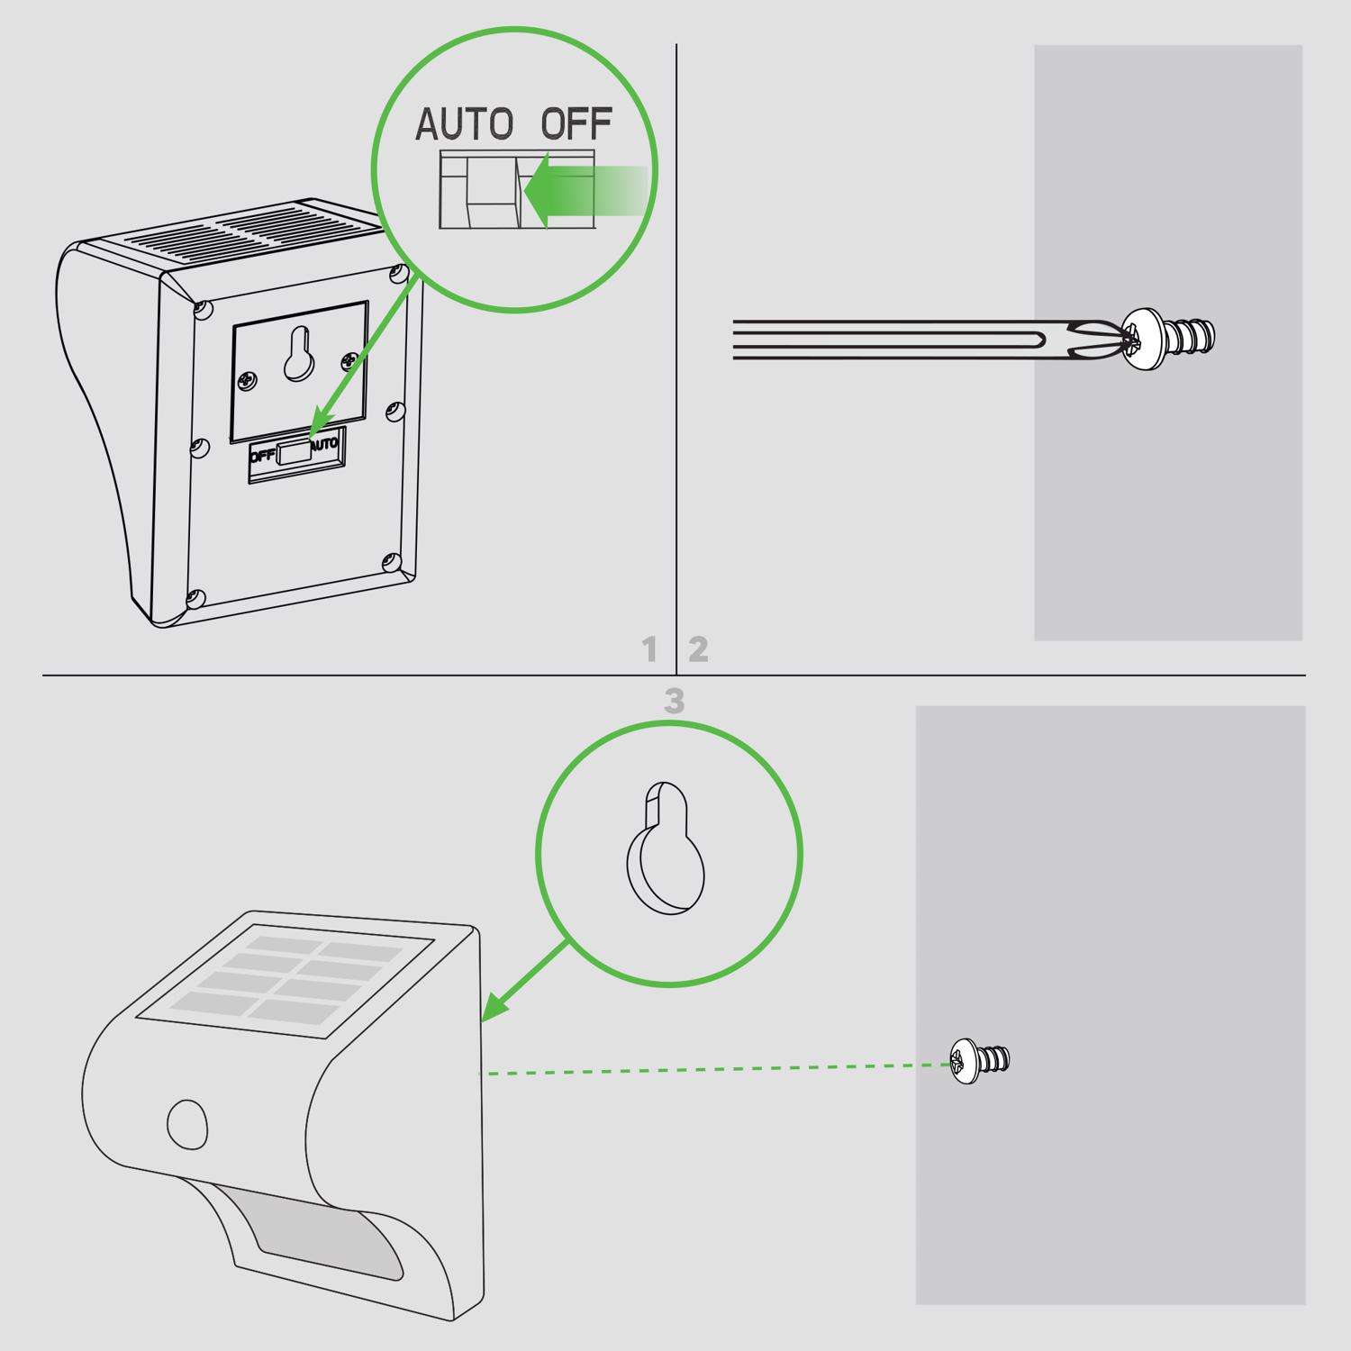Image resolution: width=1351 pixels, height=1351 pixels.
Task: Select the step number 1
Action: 649,649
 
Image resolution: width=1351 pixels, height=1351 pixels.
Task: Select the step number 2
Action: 698,649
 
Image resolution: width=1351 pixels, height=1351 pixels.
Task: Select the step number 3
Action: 674,702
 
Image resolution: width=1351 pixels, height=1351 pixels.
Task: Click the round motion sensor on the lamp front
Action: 188,1123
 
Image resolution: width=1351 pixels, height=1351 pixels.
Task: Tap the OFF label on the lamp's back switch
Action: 263,455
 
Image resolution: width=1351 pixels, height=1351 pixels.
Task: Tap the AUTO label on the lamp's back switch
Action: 324,444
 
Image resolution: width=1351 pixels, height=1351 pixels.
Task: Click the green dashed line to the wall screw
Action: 712,1069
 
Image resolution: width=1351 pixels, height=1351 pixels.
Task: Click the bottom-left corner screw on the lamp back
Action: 196,596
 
